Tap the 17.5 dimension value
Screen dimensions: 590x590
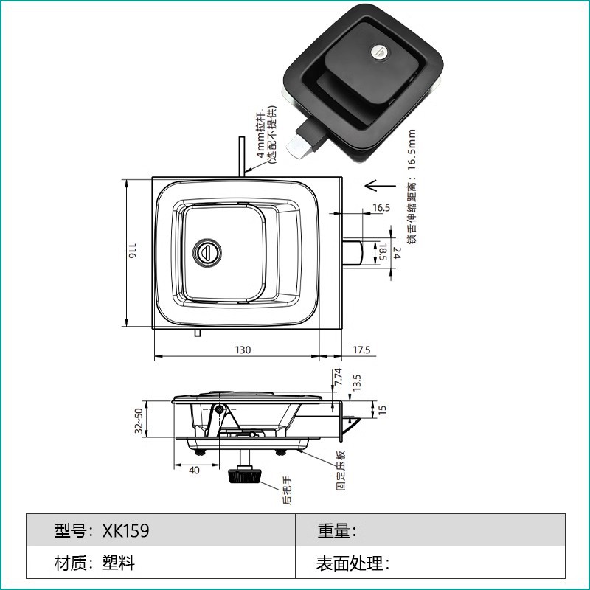coord(361,350)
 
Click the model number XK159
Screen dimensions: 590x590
coord(131,531)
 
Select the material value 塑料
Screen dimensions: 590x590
coord(118,564)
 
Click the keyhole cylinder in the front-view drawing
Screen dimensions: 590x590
coord(207,252)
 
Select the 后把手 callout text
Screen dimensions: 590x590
coord(287,490)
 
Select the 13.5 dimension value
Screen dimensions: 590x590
coord(357,382)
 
